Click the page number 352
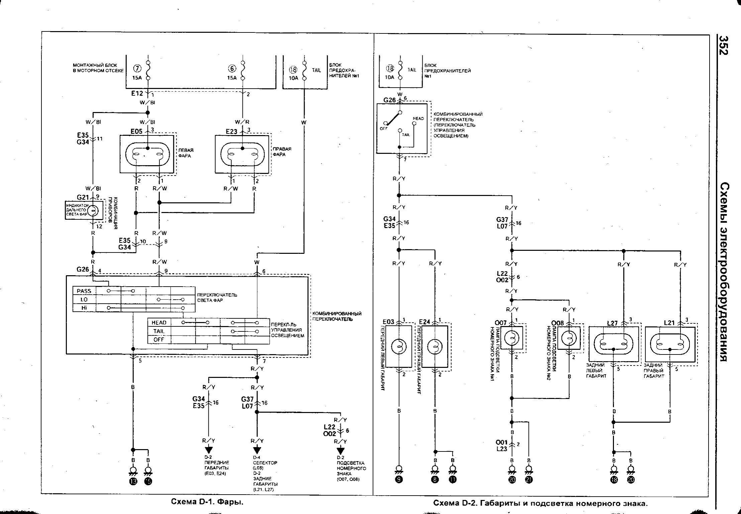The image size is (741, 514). point(724,45)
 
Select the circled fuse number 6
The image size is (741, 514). point(232,69)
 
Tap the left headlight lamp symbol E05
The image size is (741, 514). point(147,154)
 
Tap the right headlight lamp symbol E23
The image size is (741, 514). point(242,154)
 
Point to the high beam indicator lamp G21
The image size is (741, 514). point(92,210)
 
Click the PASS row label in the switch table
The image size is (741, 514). point(84,291)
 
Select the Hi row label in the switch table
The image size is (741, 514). point(84,308)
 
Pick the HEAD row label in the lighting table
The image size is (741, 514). point(159,323)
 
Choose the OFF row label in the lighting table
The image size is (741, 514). point(159,339)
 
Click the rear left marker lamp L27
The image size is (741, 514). point(613,343)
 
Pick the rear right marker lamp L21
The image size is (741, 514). point(670,343)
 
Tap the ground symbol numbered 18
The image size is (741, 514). point(614,479)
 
